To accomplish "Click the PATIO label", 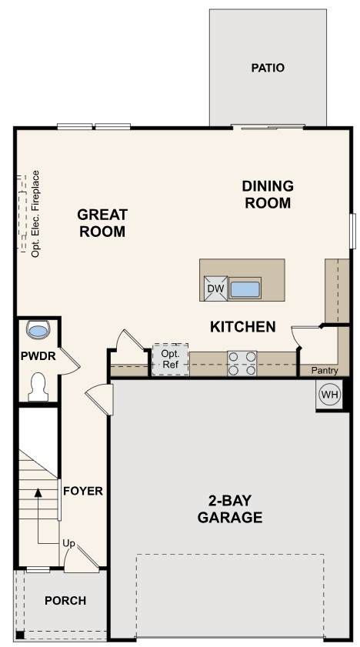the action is [268, 68].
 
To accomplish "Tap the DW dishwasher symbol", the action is [215, 288].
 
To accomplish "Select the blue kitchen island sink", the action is [245, 289].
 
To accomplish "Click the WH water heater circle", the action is [329, 395].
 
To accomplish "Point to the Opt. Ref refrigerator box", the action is [170, 359].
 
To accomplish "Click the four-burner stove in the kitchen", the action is [242, 363].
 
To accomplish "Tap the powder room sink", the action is [38, 330].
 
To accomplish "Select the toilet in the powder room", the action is [38, 387].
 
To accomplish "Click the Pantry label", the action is [325, 371].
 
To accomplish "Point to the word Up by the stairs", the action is [69, 544].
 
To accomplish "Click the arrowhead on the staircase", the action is [38, 492].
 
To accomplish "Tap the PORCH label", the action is [65, 601].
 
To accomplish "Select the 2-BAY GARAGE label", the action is [230, 509].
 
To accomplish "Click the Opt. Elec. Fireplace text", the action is [36, 214].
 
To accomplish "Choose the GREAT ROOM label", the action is [102, 223].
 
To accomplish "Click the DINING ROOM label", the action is [268, 195].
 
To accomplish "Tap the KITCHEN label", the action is [243, 327].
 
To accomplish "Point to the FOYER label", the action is [83, 491].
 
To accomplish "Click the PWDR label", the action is [38, 355].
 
